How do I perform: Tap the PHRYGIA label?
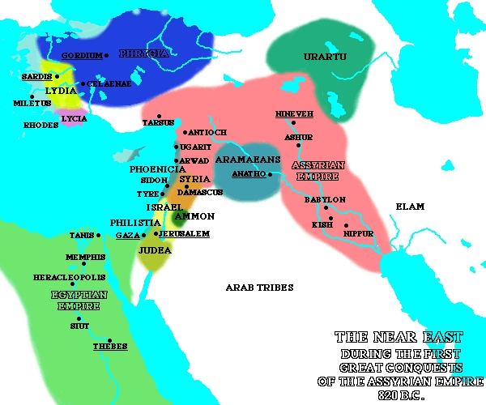coord(143,53)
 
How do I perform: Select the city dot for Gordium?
coord(107,55)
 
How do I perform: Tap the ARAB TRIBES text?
coord(259,287)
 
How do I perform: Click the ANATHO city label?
coord(248,173)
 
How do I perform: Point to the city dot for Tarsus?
coord(159,116)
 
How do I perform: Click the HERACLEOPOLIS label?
coord(69,277)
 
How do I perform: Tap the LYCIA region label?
coord(75,118)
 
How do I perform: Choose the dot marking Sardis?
coord(58,76)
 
